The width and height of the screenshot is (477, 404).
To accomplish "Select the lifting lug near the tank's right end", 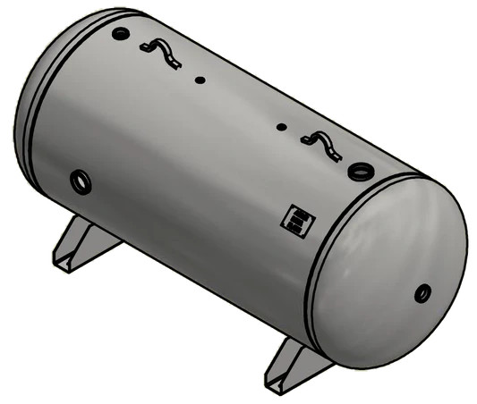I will tap(321, 142).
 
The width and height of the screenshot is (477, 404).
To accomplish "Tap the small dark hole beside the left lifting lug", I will tap(200, 80).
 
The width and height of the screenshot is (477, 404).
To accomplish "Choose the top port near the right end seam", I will tap(361, 168).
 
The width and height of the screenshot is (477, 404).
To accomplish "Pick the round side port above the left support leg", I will tap(81, 181).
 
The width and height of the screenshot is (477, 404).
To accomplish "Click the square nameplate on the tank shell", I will tap(294, 219).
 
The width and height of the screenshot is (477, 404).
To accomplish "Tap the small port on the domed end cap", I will tap(422, 292).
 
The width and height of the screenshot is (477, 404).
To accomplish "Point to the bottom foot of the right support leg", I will tap(279, 383).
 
